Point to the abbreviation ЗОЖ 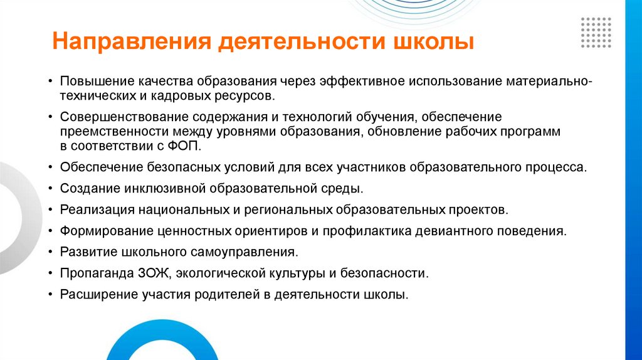coord(158,273)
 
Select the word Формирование coord(98,231)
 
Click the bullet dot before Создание coord(50,189)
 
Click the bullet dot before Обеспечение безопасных coord(50,167)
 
